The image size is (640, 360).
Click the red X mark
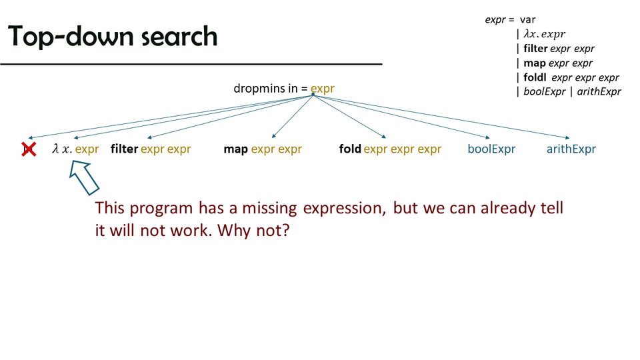(x=29, y=149)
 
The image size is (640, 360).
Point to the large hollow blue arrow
(x=84, y=177)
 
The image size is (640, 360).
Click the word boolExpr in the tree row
(x=491, y=149)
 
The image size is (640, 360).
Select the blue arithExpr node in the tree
(x=571, y=149)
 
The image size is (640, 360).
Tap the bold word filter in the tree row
(x=124, y=149)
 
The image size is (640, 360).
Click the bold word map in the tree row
(x=235, y=149)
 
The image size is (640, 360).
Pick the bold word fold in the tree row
(x=350, y=149)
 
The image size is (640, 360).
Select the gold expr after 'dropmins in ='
(x=323, y=89)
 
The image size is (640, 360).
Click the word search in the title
(x=179, y=36)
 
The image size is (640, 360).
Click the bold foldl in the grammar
(x=535, y=77)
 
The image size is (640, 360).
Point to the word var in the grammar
(x=528, y=20)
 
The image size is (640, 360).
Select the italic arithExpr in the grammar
(x=599, y=91)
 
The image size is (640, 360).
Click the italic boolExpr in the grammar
(x=545, y=91)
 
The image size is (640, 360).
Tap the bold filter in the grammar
(x=535, y=49)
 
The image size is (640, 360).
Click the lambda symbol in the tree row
(x=55, y=149)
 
